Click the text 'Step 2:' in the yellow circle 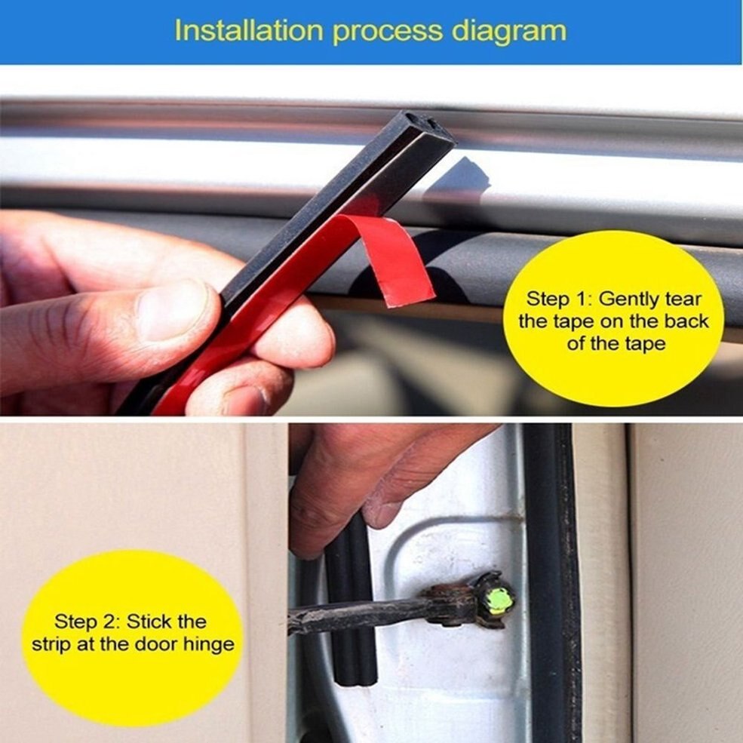[x=85, y=622]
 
